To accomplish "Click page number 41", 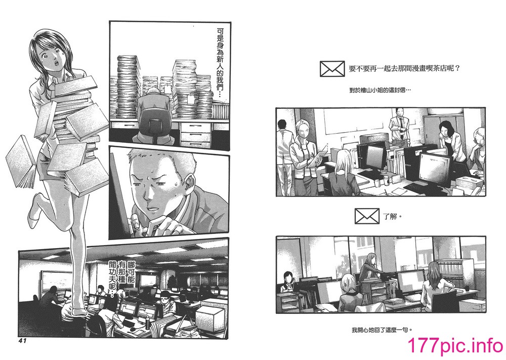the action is [x=20, y=340].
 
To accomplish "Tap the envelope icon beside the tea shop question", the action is [x=332, y=69].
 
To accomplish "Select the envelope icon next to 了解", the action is [x=367, y=216].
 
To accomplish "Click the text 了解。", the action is [x=393, y=217].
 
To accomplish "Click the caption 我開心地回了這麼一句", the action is [x=382, y=330].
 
